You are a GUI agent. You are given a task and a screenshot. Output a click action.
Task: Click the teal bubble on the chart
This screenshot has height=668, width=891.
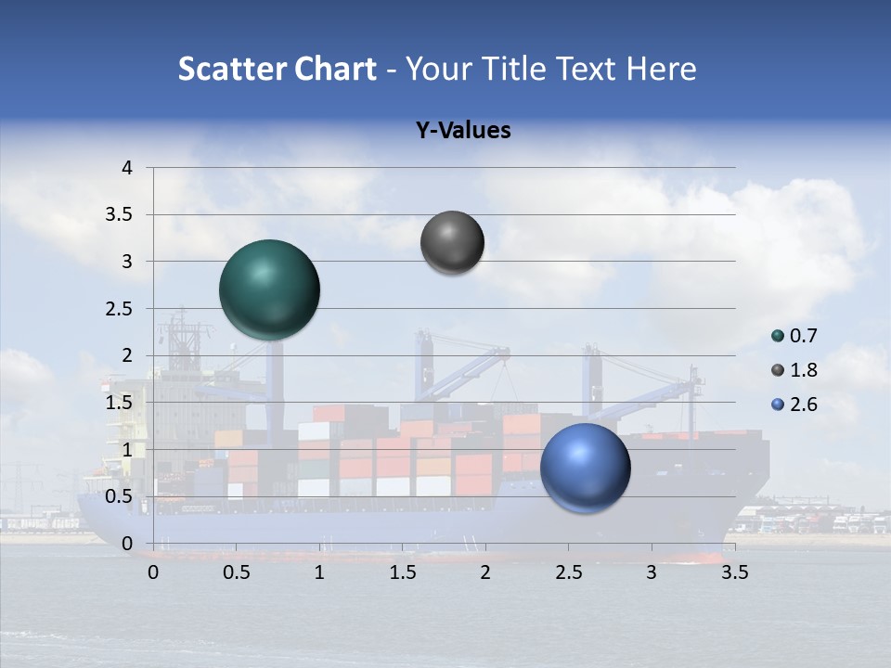click(x=270, y=289)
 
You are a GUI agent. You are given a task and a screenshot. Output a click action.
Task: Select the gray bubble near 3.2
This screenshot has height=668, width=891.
click(x=452, y=243)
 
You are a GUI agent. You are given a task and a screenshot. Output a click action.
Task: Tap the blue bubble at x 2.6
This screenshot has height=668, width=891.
click(x=585, y=468)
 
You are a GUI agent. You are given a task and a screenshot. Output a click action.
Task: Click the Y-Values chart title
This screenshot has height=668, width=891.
click(x=463, y=131)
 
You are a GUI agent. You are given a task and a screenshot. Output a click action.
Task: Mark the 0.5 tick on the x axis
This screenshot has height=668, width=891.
click(x=237, y=572)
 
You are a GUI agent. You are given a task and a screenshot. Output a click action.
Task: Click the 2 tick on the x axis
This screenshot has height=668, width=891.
click(x=485, y=572)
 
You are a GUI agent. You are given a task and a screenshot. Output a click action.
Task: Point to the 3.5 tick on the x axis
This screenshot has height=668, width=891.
click(x=734, y=572)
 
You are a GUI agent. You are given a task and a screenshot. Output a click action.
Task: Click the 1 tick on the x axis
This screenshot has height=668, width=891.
click(x=319, y=572)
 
